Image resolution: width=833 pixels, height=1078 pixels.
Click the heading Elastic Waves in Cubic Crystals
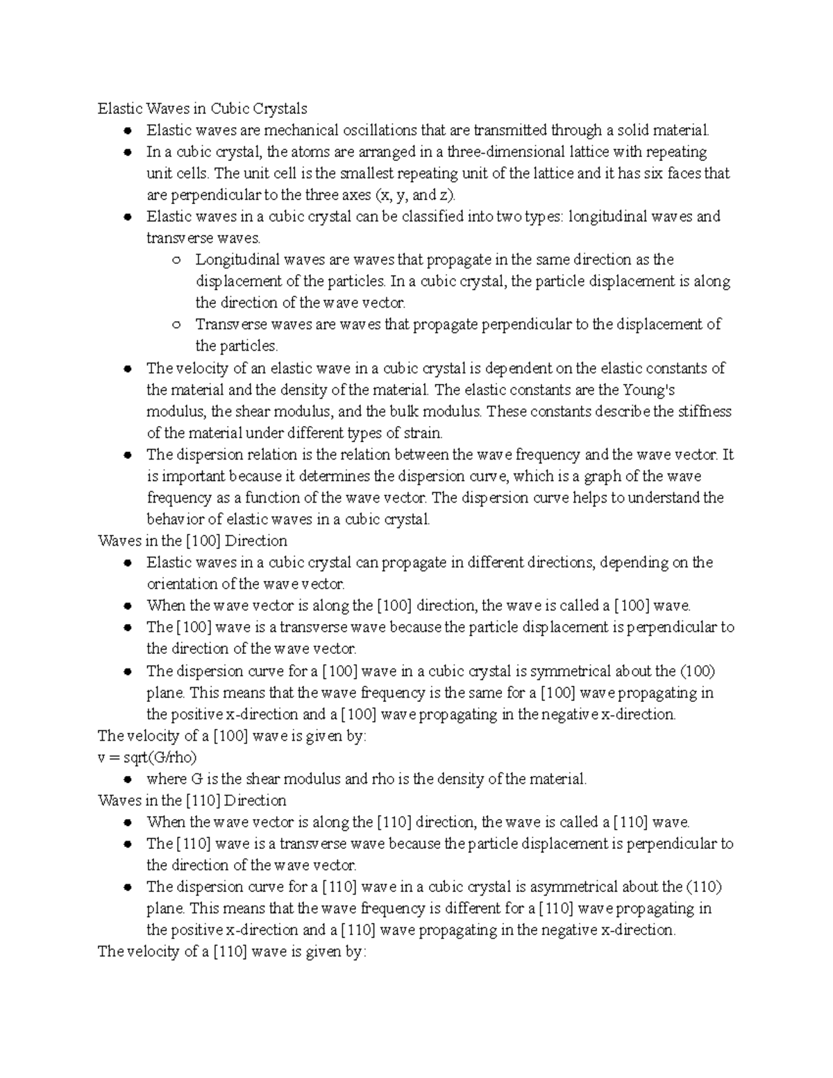pyautogui.click(x=202, y=109)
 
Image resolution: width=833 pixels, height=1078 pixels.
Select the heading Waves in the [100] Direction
pyautogui.click(x=192, y=541)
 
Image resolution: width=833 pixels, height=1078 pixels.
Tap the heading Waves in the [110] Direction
pyautogui.click(x=192, y=800)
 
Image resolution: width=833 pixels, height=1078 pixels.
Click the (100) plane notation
pyautogui.click(x=698, y=671)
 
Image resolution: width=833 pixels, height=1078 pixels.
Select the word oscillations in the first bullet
pyautogui.click(x=375, y=130)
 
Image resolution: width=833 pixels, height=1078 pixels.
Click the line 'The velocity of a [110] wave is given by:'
pyautogui.click(x=231, y=952)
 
